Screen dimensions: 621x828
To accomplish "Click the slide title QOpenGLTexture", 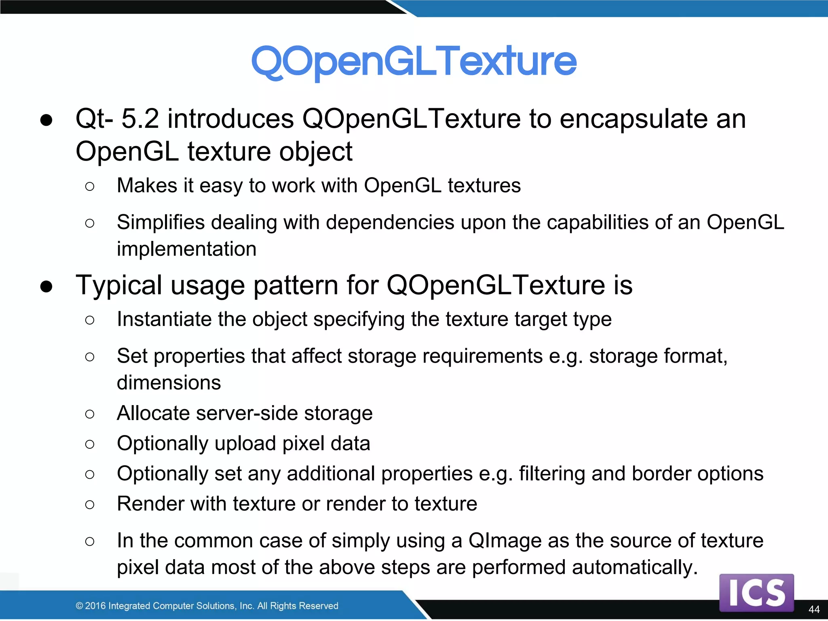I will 414,61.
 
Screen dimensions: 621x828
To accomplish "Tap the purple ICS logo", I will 756,593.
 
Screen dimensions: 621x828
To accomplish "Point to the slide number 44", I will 814,609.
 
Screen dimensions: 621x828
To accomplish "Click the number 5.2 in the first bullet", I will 140,119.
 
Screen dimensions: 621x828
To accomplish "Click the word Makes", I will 147,186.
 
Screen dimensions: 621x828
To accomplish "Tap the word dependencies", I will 390,223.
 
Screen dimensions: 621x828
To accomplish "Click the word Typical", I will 119,285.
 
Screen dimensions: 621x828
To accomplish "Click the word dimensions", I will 169,383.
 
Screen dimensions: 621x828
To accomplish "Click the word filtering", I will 552,474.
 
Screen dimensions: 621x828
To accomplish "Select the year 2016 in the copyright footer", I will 95,606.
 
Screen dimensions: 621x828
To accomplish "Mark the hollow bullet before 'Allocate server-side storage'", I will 90,414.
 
